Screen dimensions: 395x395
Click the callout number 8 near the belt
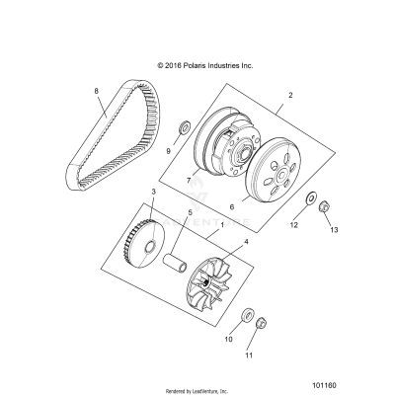click(96, 91)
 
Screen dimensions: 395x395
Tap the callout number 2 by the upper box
click(291, 97)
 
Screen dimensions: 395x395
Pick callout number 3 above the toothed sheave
click(153, 218)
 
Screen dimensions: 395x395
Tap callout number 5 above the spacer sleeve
click(191, 240)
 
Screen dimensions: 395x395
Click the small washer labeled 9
click(185, 128)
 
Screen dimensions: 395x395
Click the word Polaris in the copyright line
click(198, 65)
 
